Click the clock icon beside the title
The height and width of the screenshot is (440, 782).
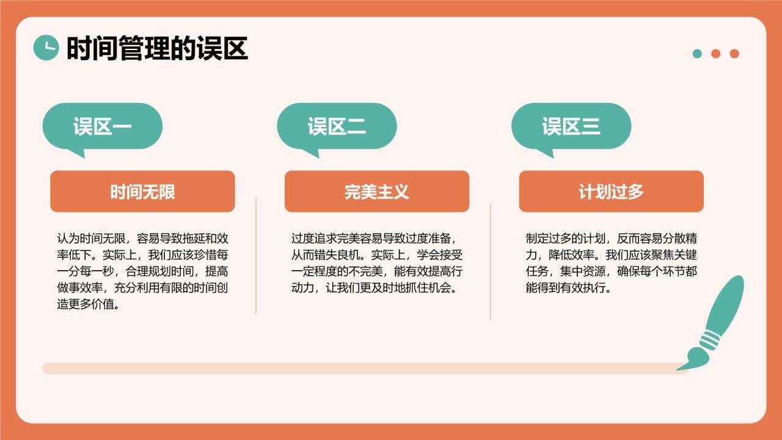point(46,48)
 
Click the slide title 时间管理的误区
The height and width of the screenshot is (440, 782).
point(157,48)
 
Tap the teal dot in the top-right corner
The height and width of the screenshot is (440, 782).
point(697,54)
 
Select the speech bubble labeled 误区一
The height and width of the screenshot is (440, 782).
point(102,127)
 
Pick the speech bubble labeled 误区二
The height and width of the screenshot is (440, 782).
point(337,127)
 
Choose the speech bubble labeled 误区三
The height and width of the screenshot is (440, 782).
point(571,127)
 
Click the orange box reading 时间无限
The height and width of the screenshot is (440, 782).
point(142,191)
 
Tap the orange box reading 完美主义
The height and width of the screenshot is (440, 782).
point(376,191)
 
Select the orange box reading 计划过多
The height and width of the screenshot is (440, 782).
point(611,191)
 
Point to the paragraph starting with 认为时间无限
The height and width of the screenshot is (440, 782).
point(142,271)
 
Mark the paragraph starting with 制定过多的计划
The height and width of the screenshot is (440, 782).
point(611,263)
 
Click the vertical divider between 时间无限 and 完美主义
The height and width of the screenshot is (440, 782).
point(256,255)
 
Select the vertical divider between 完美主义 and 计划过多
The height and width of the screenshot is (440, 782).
point(490,262)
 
